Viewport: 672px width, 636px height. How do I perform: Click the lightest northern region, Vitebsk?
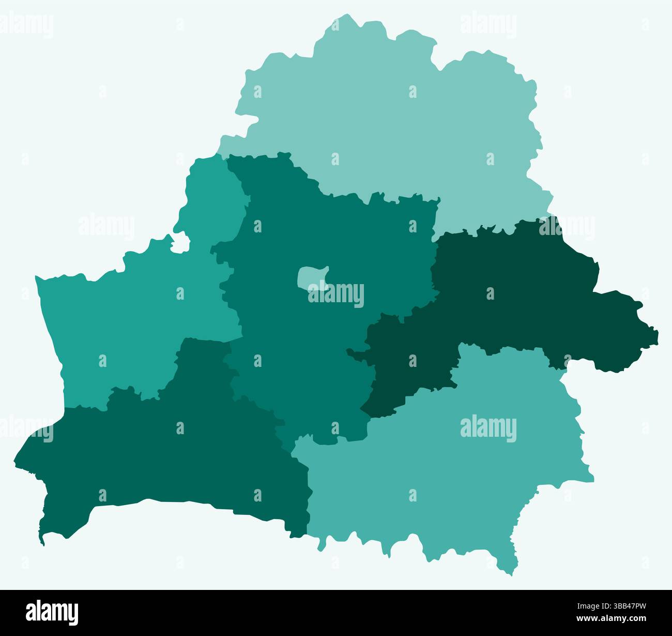tap(393, 119)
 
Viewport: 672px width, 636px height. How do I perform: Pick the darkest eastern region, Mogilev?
tap(517, 290)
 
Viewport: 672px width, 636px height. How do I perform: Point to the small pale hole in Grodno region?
tap(179, 243)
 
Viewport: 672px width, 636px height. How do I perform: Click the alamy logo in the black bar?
tap(52, 612)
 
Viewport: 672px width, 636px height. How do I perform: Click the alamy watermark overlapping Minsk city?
tap(336, 294)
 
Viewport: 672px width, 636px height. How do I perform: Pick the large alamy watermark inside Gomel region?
tap(488, 428)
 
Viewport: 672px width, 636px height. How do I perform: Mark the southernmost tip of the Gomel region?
tap(509, 574)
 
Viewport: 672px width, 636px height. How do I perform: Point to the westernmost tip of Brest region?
tap(14, 460)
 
